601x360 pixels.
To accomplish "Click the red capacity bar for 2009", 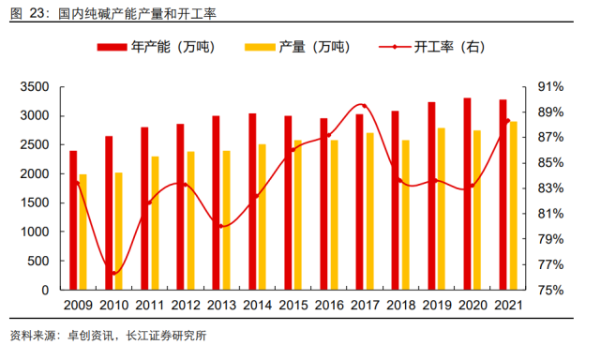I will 73,220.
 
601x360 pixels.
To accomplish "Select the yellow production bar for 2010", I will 118,232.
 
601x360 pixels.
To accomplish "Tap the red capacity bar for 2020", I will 467,194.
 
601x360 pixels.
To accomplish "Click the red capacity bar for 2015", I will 288,203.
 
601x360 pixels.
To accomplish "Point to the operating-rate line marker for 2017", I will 364,106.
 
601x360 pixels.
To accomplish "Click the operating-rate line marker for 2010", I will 113,273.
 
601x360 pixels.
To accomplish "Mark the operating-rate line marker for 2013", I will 221,226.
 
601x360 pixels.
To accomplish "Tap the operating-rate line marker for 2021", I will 508,121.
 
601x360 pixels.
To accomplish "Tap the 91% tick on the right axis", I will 548,87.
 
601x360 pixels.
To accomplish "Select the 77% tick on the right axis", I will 548,265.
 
